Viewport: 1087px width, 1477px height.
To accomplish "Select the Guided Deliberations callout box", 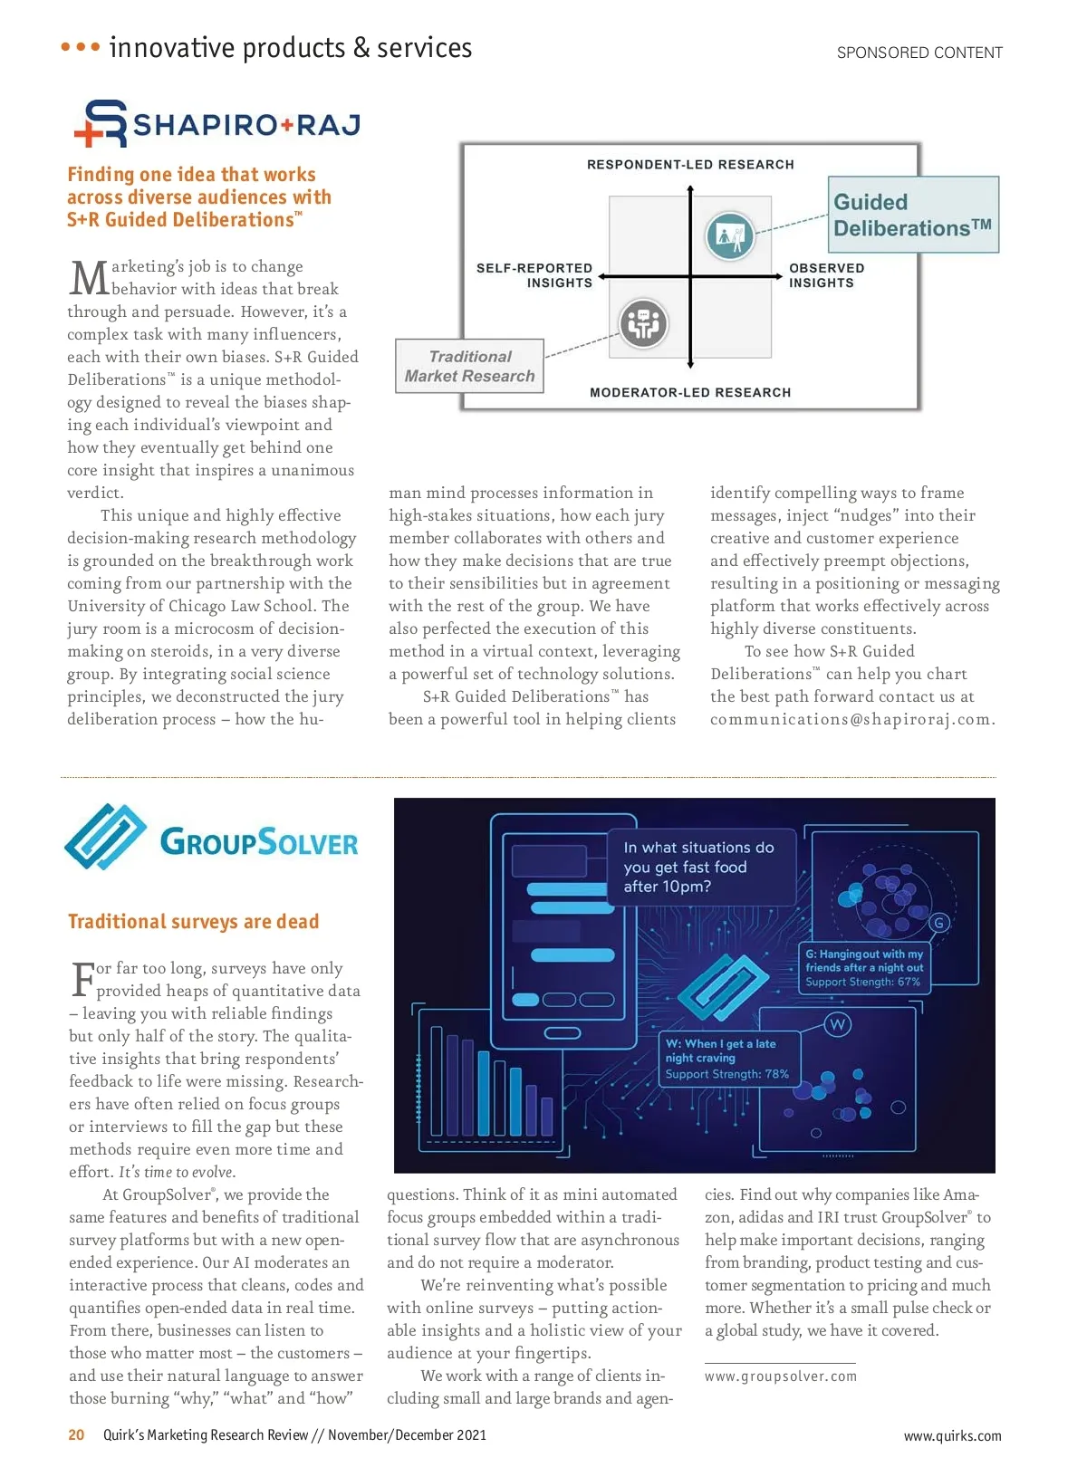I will [915, 215].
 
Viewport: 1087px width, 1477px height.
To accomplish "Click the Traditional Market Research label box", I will [469, 366].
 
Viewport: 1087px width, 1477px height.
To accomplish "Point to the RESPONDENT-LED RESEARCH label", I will [690, 165].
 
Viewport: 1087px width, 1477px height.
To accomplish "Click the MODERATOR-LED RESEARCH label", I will [690, 392].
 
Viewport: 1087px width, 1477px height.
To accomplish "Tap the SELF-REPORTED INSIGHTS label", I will [534, 275].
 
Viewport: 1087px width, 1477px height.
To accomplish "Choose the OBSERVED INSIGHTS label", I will [826, 275].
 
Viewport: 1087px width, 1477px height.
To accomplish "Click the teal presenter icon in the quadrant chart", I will [730, 235].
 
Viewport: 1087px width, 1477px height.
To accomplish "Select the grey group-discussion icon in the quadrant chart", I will [643, 323].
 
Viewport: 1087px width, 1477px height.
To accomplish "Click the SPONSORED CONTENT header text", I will [919, 53].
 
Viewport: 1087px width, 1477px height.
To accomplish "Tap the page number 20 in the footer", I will [76, 1434].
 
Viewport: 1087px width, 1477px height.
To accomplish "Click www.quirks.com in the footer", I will [952, 1435].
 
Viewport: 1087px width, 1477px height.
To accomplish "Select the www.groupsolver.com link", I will [781, 1376].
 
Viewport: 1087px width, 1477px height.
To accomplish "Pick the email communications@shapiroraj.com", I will [852, 719].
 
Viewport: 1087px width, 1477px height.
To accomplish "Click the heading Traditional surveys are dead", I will [193, 922].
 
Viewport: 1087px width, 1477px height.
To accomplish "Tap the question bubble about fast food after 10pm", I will [698, 867].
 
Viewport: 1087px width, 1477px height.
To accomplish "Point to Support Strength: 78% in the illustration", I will [726, 1074].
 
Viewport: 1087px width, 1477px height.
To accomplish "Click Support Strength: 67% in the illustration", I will [862, 982].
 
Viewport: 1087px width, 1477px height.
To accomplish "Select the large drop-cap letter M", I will [89, 279].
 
